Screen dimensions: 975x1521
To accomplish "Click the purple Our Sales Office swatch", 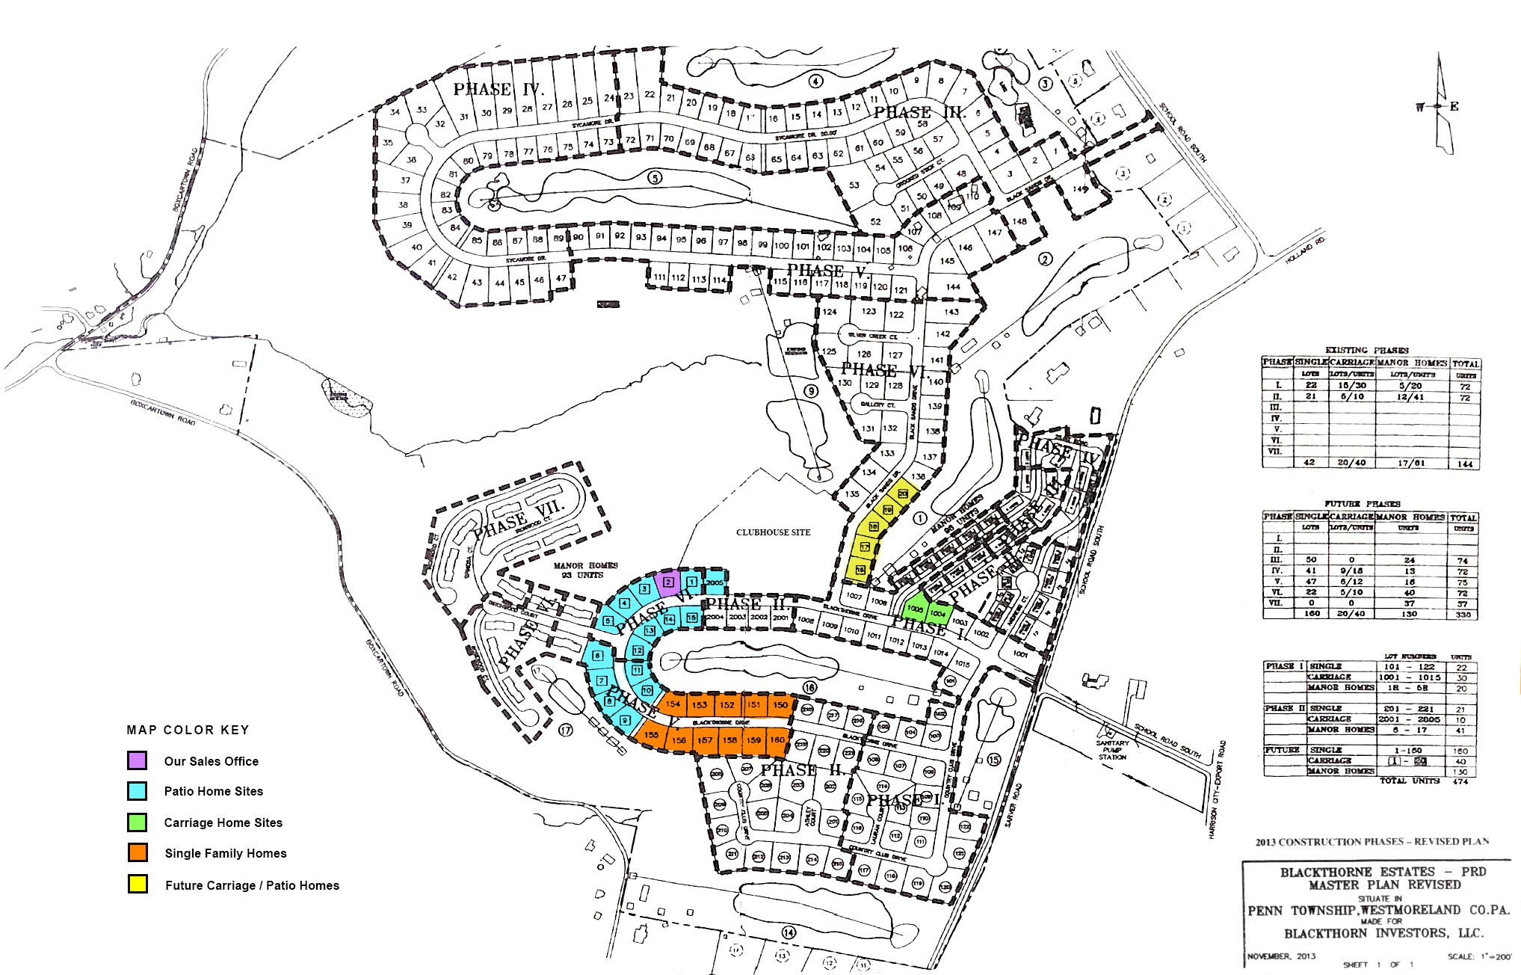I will tap(137, 760).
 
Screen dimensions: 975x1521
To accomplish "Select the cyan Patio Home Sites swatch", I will tap(137, 791).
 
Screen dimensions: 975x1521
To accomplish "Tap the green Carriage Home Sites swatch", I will tap(137, 822).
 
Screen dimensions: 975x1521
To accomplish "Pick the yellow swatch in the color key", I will tap(137, 885).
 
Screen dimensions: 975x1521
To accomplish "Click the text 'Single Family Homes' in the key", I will tap(226, 853).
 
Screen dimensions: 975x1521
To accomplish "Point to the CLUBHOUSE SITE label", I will tap(773, 532).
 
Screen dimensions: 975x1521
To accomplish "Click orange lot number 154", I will tap(673, 704).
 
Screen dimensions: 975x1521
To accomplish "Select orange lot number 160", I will tap(777, 740).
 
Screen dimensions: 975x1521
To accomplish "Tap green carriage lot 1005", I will tap(915, 609).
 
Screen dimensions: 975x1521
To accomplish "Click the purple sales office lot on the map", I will tap(668, 582).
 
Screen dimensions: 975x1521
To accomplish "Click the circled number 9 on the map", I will tap(811, 390).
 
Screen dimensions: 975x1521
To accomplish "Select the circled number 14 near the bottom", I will tap(789, 932).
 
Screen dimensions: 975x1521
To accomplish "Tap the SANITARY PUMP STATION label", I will tap(1112, 750).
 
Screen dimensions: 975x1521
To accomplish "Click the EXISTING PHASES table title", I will tap(1366, 350).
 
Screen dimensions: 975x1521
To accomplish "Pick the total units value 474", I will tap(1460, 781).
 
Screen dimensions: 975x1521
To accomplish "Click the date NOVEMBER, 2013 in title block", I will tap(1281, 956).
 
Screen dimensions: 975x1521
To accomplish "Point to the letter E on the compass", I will tap(1454, 106).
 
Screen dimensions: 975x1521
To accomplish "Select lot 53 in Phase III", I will tap(854, 185).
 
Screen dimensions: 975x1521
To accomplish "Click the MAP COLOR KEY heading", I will tap(188, 730).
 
